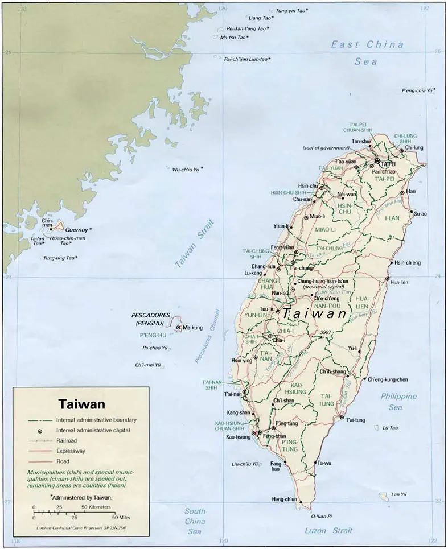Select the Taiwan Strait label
coord(194,243)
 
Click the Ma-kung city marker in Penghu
coord(178,328)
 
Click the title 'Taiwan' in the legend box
coord(81,404)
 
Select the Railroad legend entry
coord(67,441)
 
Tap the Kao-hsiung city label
coord(238,436)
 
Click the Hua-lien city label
coord(398,282)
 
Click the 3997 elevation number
coord(326,332)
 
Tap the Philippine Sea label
coord(398,402)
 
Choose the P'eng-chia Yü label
coord(418,90)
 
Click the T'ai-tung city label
coord(356,420)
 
